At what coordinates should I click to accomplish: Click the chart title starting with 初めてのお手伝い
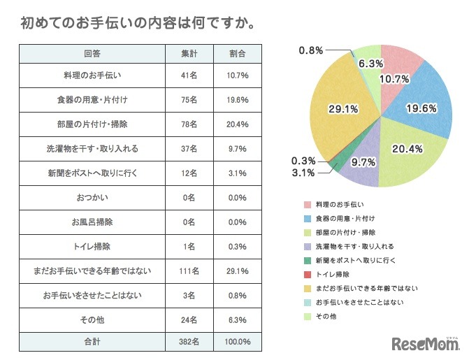137,23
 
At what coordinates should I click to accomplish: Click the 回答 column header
92,54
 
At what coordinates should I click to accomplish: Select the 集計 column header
189,54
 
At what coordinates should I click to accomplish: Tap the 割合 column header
238,54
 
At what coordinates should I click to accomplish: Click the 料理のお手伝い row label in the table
92,75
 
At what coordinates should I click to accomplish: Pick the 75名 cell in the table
189,100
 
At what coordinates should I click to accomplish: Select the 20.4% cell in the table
238,124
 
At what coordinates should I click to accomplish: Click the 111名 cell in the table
189,269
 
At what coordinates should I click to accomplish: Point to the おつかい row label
92,196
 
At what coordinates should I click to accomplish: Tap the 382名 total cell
189,342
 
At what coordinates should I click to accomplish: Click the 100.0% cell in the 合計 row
238,342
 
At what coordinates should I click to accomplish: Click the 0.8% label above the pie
310,50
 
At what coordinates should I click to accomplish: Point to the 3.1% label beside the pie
302,173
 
